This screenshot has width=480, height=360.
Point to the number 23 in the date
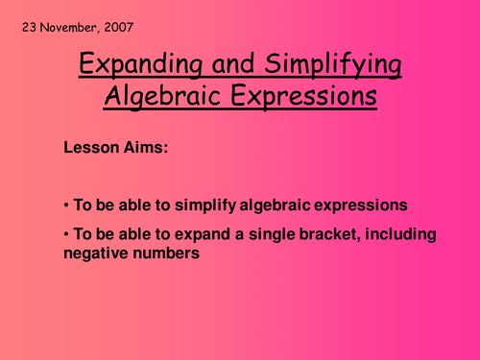(26, 26)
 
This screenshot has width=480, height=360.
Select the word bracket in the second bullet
(315, 235)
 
